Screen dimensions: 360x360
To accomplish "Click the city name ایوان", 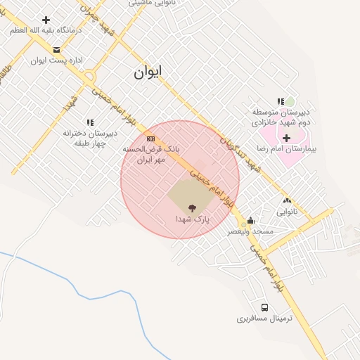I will [146, 72].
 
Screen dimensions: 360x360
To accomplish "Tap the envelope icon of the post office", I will [56, 50].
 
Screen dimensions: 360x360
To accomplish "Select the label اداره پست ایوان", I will [56, 60].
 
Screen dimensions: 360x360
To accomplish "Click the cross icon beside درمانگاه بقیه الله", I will [46, 20].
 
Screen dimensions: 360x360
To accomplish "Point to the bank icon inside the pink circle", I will [150, 139].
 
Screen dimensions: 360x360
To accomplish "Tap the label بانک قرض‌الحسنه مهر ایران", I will [152, 155].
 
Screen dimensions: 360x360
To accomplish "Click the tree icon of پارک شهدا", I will [191, 208].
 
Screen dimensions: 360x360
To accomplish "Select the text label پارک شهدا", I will [193, 219].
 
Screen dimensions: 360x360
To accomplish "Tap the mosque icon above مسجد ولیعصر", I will [250, 220].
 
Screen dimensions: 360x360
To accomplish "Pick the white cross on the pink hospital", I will [286, 138].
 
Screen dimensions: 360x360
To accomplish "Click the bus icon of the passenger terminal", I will [264, 307].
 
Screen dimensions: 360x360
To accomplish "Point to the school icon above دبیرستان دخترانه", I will [89, 122].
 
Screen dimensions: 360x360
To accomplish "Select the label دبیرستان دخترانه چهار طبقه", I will [89, 137].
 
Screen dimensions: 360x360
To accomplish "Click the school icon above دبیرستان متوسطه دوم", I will [281, 102].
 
